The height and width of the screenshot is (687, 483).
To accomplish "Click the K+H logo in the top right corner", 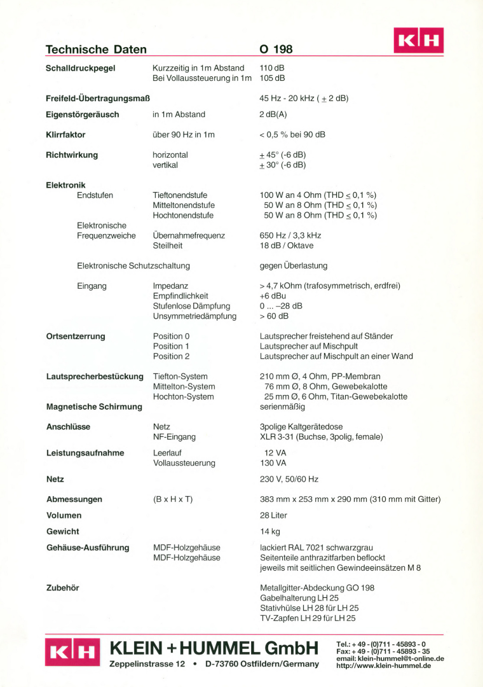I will pos(418,40).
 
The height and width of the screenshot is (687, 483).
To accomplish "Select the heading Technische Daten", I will pos(96,50).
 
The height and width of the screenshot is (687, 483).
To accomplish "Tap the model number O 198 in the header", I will pos(276,50).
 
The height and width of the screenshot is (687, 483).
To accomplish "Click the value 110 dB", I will pos(272,68).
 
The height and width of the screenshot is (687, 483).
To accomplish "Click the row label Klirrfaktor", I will pos(65,135).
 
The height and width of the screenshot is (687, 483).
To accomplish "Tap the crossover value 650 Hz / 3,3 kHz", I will pos(290,235).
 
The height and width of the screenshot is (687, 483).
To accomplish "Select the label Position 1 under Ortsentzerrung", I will pos(171,346).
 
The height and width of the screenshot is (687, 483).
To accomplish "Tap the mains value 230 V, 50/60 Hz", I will pos(289,479).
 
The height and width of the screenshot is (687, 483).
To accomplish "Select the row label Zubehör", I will pos(62,588).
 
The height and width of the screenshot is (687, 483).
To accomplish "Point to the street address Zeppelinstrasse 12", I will pos(147,664).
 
